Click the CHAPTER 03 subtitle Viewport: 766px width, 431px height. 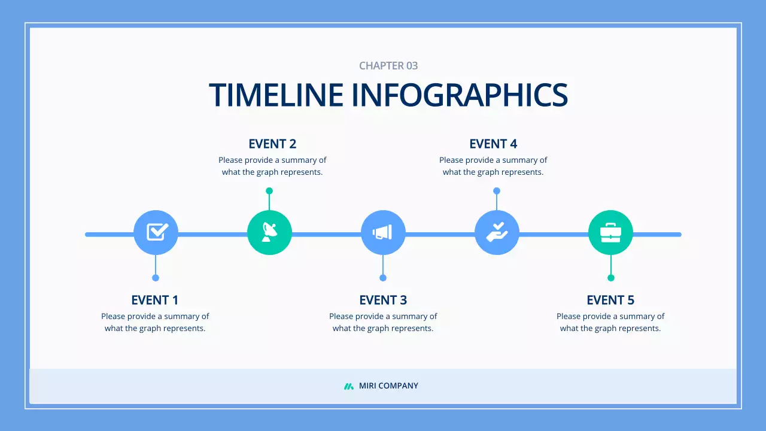click(388, 66)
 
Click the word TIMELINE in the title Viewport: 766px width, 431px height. click(276, 95)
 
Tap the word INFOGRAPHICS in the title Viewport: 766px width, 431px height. click(459, 95)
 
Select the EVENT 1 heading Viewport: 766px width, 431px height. click(155, 300)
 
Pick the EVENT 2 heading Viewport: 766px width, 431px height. click(272, 144)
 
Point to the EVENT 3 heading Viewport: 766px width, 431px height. click(383, 300)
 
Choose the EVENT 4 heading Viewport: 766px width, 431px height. click(493, 144)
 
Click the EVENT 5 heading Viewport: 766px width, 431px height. click(610, 300)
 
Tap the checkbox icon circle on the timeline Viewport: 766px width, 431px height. click(156, 232)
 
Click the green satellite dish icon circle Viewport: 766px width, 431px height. click(269, 232)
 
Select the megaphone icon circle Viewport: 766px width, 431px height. click(383, 232)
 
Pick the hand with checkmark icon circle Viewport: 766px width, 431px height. click(497, 232)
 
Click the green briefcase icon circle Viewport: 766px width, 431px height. click(610, 232)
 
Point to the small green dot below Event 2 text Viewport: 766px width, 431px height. click(269, 191)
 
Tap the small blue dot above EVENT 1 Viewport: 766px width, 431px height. click(156, 278)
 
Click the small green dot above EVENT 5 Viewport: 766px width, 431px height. click(611, 278)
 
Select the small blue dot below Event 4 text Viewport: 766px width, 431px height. click(497, 191)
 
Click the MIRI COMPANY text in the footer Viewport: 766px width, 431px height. click(388, 386)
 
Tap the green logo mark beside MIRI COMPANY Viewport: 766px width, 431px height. click(348, 386)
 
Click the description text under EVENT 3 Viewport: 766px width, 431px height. click(383, 322)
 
